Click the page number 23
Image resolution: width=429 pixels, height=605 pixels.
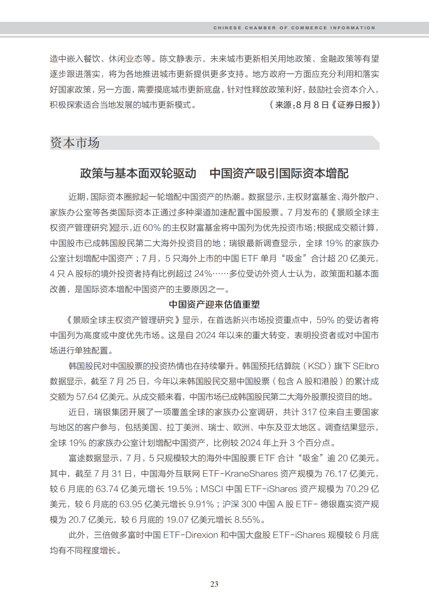click(x=214, y=584)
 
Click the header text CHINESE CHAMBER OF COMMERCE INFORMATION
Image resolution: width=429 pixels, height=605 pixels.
click(x=294, y=28)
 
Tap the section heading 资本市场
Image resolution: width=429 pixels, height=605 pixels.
click(x=75, y=143)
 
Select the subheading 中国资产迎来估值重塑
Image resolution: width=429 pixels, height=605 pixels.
click(x=214, y=305)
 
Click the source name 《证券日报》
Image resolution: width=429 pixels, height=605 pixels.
click(x=354, y=105)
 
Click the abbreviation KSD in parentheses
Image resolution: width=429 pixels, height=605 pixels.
click(x=317, y=366)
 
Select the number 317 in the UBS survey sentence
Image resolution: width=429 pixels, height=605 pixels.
click(x=309, y=412)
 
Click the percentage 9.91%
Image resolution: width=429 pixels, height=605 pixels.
click(x=201, y=505)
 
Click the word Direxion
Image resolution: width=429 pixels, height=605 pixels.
click(x=202, y=535)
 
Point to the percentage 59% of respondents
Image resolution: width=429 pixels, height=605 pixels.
click(x=325, y=320)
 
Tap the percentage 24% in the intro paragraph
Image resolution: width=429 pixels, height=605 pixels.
click(x=203, y=274)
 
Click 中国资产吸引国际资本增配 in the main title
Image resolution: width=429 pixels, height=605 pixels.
click(x=279, y=173)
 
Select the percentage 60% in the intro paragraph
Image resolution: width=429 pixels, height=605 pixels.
click(x=151, y=228)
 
